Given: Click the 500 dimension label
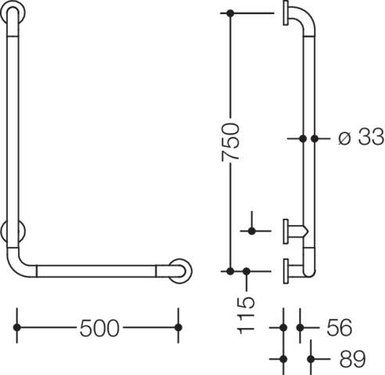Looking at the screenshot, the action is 99,328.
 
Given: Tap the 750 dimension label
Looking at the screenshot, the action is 230,142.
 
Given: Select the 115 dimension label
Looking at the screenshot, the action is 246,316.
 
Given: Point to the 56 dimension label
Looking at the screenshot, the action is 339,327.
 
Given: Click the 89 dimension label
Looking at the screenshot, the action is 352,359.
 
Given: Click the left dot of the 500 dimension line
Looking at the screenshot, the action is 17,327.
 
